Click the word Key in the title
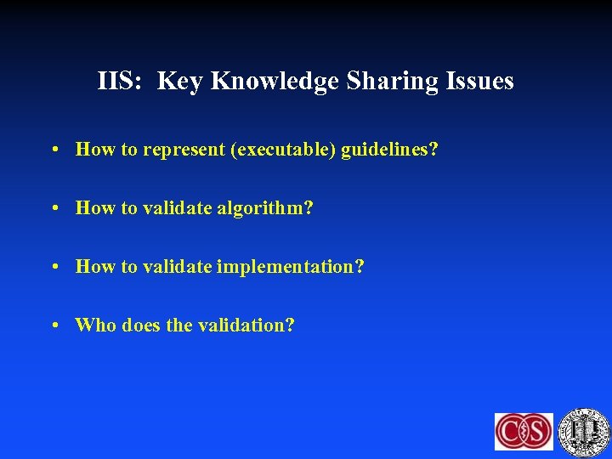click(x=180, y=82)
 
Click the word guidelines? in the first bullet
click(x=390, y=150)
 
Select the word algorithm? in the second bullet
click(x=265, y=208)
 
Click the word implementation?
click(x=291, y=267)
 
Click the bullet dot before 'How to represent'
click(x=54, y=150)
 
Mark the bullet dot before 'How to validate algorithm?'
click(x=54, y=208)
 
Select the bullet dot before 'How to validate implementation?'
click(x=54, y=267)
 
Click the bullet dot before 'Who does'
click(x=54, y=325)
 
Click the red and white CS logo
click(x=524, y=431)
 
